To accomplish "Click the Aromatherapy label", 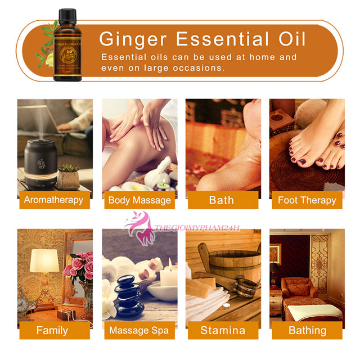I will click(x=53, y=200).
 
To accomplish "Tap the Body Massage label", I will click(x=139, y=200).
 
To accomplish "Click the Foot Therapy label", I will click(x=307, y=200).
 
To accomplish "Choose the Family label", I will click(x=52, y=330).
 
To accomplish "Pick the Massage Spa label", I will click(x=138, y=330).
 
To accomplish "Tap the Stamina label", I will click(x=223, y=330).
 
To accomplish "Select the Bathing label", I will click(x=307, y=330).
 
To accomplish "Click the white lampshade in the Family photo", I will click(x=44, y=261).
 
